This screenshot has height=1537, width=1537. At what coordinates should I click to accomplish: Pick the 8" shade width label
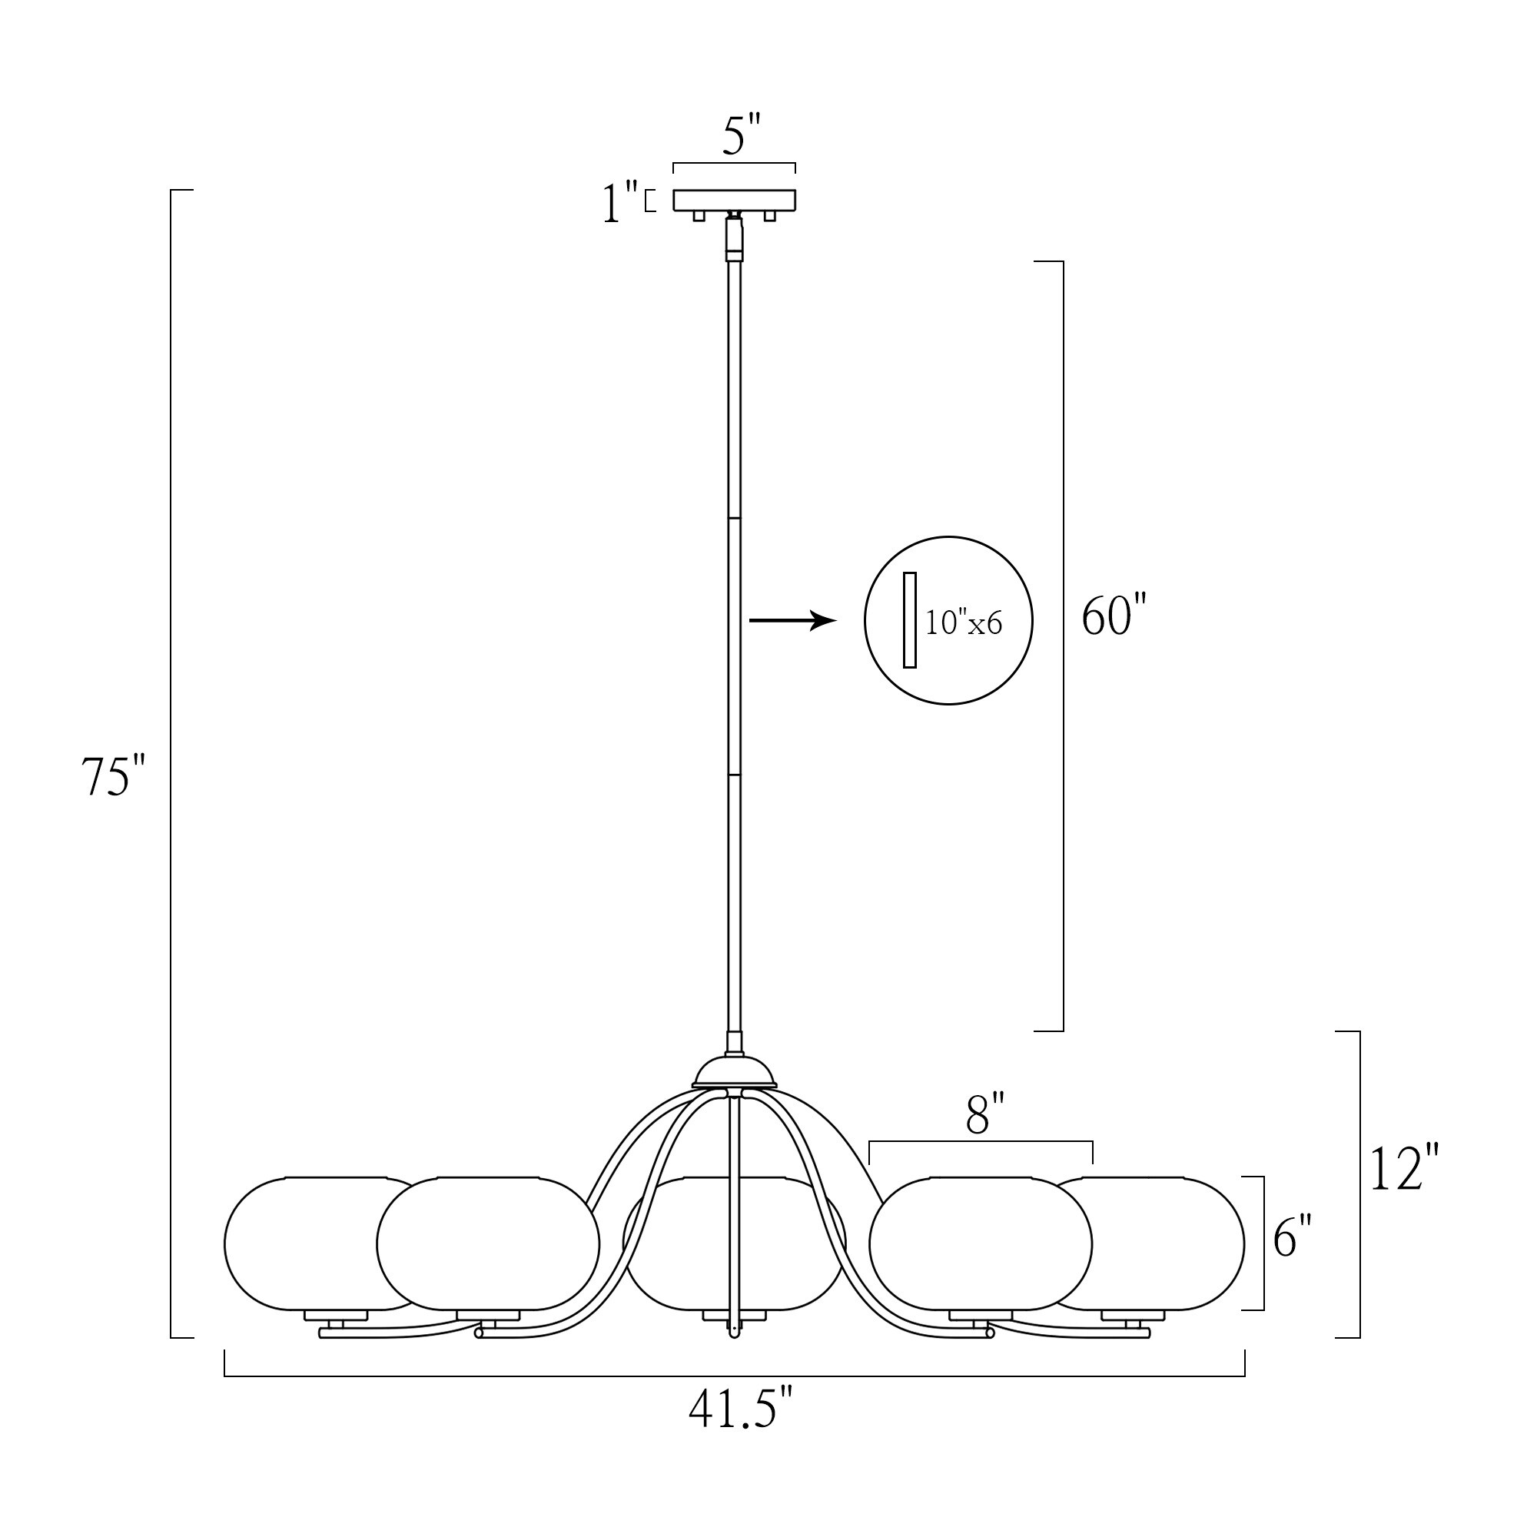coord(986,1114)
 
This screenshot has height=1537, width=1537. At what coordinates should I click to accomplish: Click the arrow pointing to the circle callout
coord(793,619)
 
